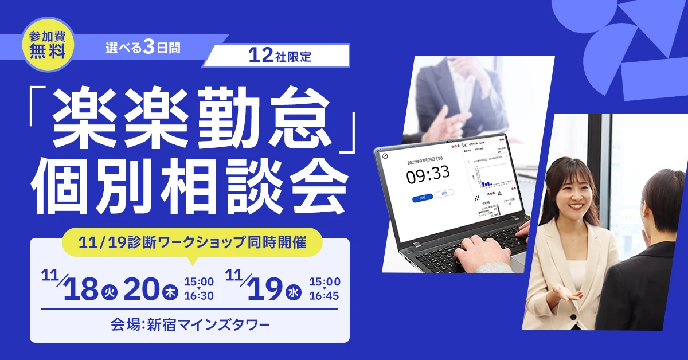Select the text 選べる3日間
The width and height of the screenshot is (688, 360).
pyautogui.click(x=143, y=48)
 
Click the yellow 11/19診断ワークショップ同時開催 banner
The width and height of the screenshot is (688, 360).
pyautogui.click(x=192, y=242)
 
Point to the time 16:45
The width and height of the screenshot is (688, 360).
pyautogui.click(x=325, y=296)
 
